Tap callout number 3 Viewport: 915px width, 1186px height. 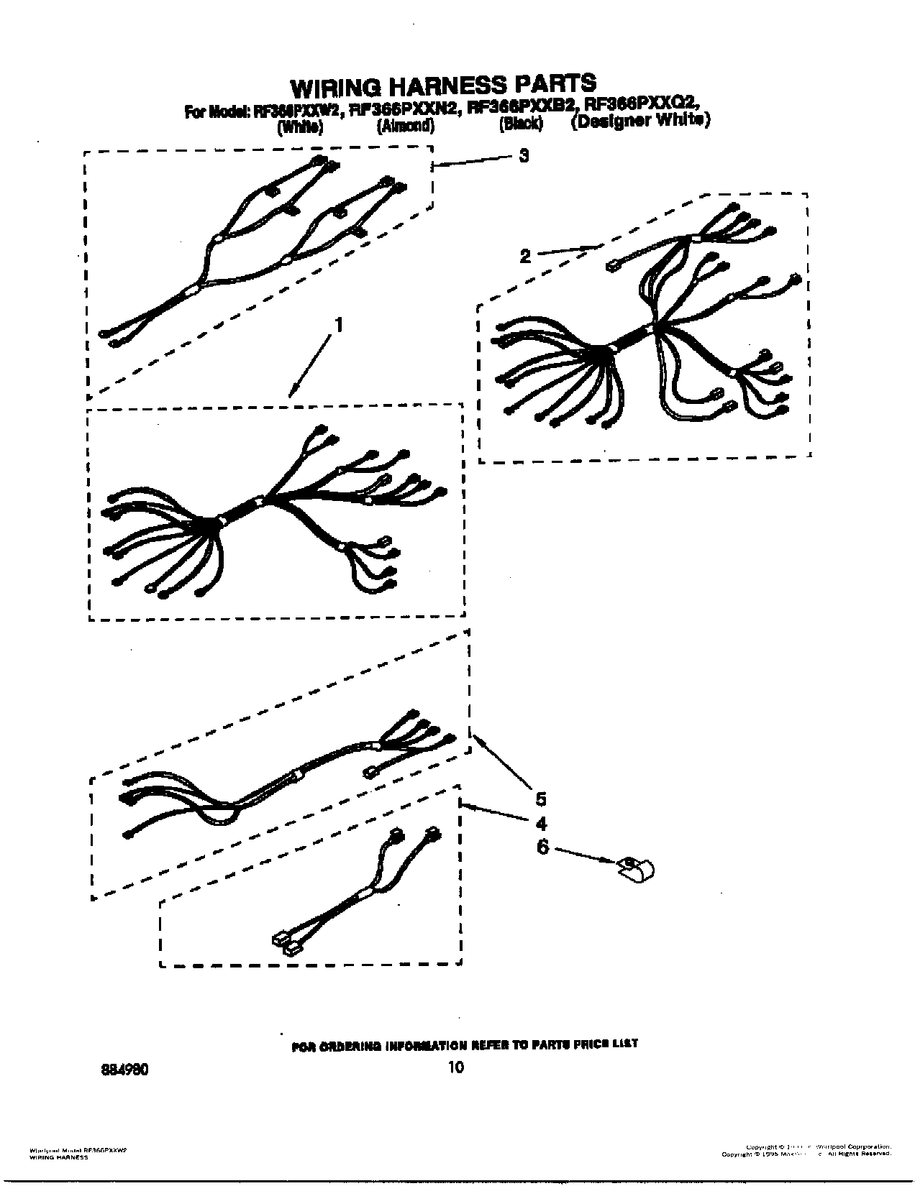tap(524, 155)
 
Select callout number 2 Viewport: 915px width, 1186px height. tap(525, 255)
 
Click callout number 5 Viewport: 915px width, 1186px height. tap(540, 799)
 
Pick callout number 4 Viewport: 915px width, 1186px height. tap(540, 824)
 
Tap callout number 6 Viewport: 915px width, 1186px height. tap(542, 847)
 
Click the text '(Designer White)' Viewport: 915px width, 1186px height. tap(640, 121)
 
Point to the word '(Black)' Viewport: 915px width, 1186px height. tap(520, 124)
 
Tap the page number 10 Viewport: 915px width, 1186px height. tap(455, 1067)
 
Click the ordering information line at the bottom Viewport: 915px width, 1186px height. tap(464, 1044)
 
